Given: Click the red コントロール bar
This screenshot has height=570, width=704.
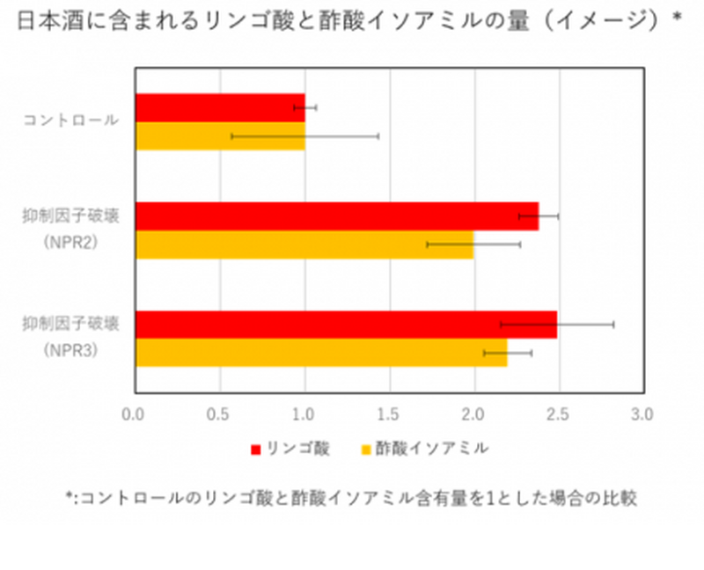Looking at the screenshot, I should pos(220,108).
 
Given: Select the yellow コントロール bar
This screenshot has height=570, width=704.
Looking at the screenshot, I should pos(220,136).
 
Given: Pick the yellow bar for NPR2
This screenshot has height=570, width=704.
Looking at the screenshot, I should pos(304,245).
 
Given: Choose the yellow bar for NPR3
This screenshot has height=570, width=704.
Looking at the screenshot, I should pos(320,353).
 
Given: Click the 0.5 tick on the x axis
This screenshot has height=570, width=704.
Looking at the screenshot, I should pos(220,413).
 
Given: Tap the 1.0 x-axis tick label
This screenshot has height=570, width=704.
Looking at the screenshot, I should pos(304,413).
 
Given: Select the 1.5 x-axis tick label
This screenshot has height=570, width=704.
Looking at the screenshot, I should pos(390,413).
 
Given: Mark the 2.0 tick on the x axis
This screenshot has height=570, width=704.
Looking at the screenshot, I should pos(474,413).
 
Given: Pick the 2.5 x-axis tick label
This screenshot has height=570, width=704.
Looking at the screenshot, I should pos(560,413).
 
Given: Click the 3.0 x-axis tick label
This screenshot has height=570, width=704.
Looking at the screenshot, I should pos(644,413).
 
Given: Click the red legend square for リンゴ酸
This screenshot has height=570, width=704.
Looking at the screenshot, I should pos(255,449).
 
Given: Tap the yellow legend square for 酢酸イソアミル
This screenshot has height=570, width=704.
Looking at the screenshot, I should pos(365,449).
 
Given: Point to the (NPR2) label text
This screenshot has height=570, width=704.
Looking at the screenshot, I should pos(70,242).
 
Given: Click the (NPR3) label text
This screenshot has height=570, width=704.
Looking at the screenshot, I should pos(70,350).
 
